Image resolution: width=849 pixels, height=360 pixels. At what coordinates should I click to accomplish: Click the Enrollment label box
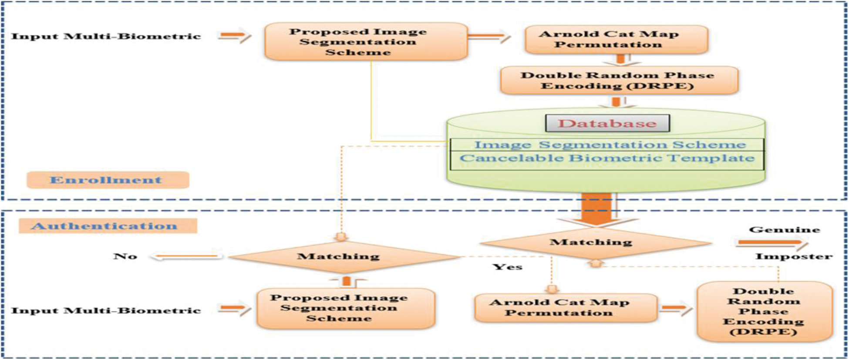click(x=108, y=180)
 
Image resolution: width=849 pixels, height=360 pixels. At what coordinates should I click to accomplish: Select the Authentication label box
click(x=108, y=226)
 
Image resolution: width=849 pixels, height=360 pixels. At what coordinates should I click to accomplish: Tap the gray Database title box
click(x=607, y=123)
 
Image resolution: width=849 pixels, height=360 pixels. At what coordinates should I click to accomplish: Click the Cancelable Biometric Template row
click(x=607, y=158)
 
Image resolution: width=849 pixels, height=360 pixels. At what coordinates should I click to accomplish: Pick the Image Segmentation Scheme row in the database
click(x=607, y=145)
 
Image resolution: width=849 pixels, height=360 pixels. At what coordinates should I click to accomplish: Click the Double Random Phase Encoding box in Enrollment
click(x=619, y=81)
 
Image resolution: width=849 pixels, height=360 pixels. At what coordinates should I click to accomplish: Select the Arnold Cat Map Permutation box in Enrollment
click(x=616, y=40)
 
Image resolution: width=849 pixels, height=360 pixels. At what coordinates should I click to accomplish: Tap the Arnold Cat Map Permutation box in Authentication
click(x=565, y=308)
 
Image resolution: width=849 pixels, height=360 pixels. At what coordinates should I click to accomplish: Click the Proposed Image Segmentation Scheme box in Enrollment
click(x=366, y=42)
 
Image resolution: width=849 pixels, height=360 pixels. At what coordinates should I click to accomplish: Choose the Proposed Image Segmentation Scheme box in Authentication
click(x=346, y=308)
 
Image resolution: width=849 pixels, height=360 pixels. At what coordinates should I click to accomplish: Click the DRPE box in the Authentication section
click(x=764, y=311)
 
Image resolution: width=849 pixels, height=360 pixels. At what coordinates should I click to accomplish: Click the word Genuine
click(x=784, y=229)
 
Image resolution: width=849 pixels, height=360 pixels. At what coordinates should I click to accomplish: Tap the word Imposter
click(x=793, y=256)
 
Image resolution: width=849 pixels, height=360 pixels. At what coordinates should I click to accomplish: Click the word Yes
click(x=507, y=267)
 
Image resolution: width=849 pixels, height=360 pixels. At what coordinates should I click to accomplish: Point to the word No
click(x=125, y=256)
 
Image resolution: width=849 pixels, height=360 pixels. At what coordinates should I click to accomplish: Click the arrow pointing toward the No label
click(x=186, y=256)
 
